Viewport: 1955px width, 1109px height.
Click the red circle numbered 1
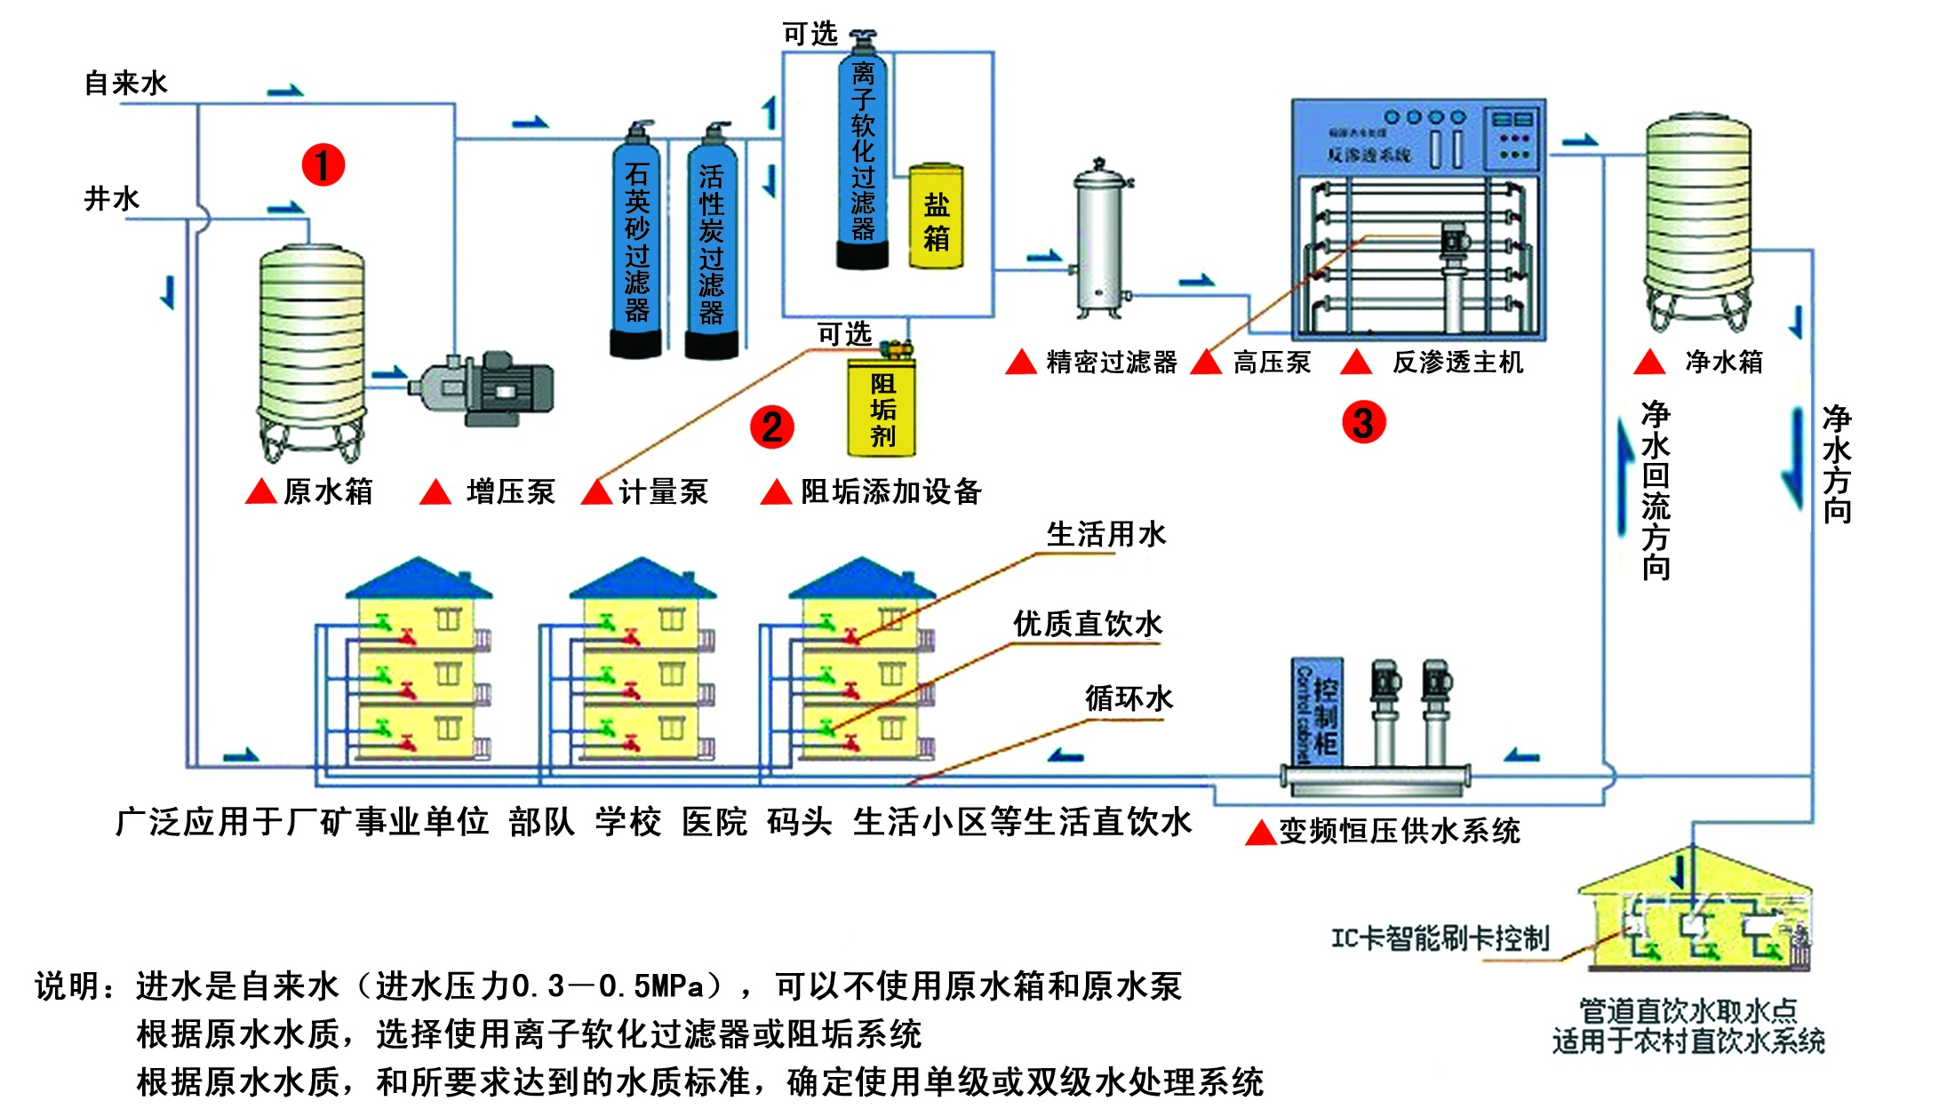pos(323,165)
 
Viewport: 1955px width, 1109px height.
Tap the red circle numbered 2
pos(771,427)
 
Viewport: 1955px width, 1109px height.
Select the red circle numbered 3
pos(1363,422)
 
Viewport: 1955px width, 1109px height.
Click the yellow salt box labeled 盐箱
pos(936,217)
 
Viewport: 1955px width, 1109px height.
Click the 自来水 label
pos(126,84)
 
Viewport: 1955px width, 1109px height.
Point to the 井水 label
pos(112,198)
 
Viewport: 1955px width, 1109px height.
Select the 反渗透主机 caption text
pos(1457,363)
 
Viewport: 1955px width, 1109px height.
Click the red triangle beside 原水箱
pos(260,491)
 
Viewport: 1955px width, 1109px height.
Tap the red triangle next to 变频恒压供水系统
pos(1260,834)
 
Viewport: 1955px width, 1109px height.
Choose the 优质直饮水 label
pos(1088,624)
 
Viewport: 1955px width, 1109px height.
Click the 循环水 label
pos(1129,698)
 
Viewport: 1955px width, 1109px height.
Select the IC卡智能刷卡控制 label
pos(1440,938)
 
